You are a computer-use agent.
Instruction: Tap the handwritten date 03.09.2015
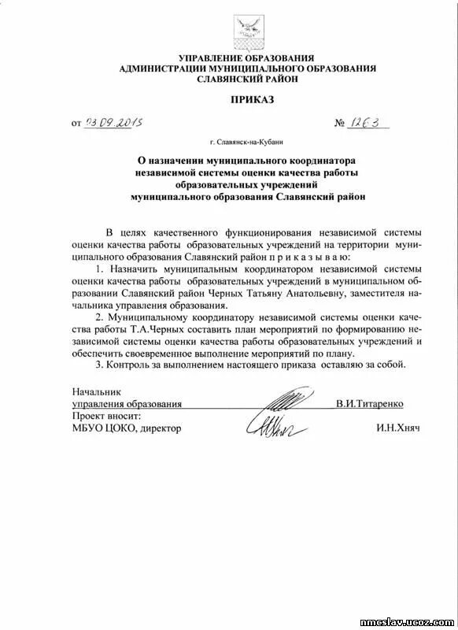point(119,123)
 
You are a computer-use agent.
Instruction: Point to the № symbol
point(340,124)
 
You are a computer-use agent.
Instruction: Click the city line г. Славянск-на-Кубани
point(247,142)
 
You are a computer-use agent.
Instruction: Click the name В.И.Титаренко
point(369,403)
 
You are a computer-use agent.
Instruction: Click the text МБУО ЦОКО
point(98,428)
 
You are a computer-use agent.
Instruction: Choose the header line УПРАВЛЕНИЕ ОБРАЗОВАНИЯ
point(246,58)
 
